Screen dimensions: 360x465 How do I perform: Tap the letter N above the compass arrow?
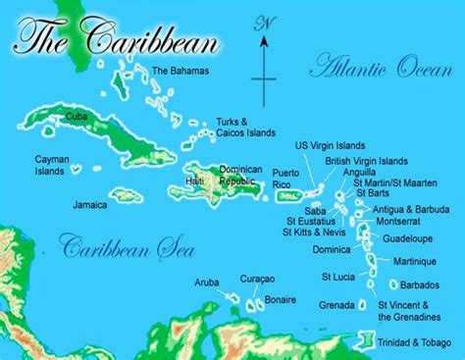[x=263, y=22]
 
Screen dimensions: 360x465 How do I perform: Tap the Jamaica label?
[x=89, y=205]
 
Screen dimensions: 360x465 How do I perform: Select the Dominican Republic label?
[x=241, y=176]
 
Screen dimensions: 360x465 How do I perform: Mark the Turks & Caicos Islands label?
[x=245, y=129]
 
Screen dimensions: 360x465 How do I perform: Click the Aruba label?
[x=207, y=282]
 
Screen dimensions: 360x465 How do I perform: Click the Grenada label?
[x=336, y=305]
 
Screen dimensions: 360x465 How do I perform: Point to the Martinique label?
[x=414, y=261]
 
